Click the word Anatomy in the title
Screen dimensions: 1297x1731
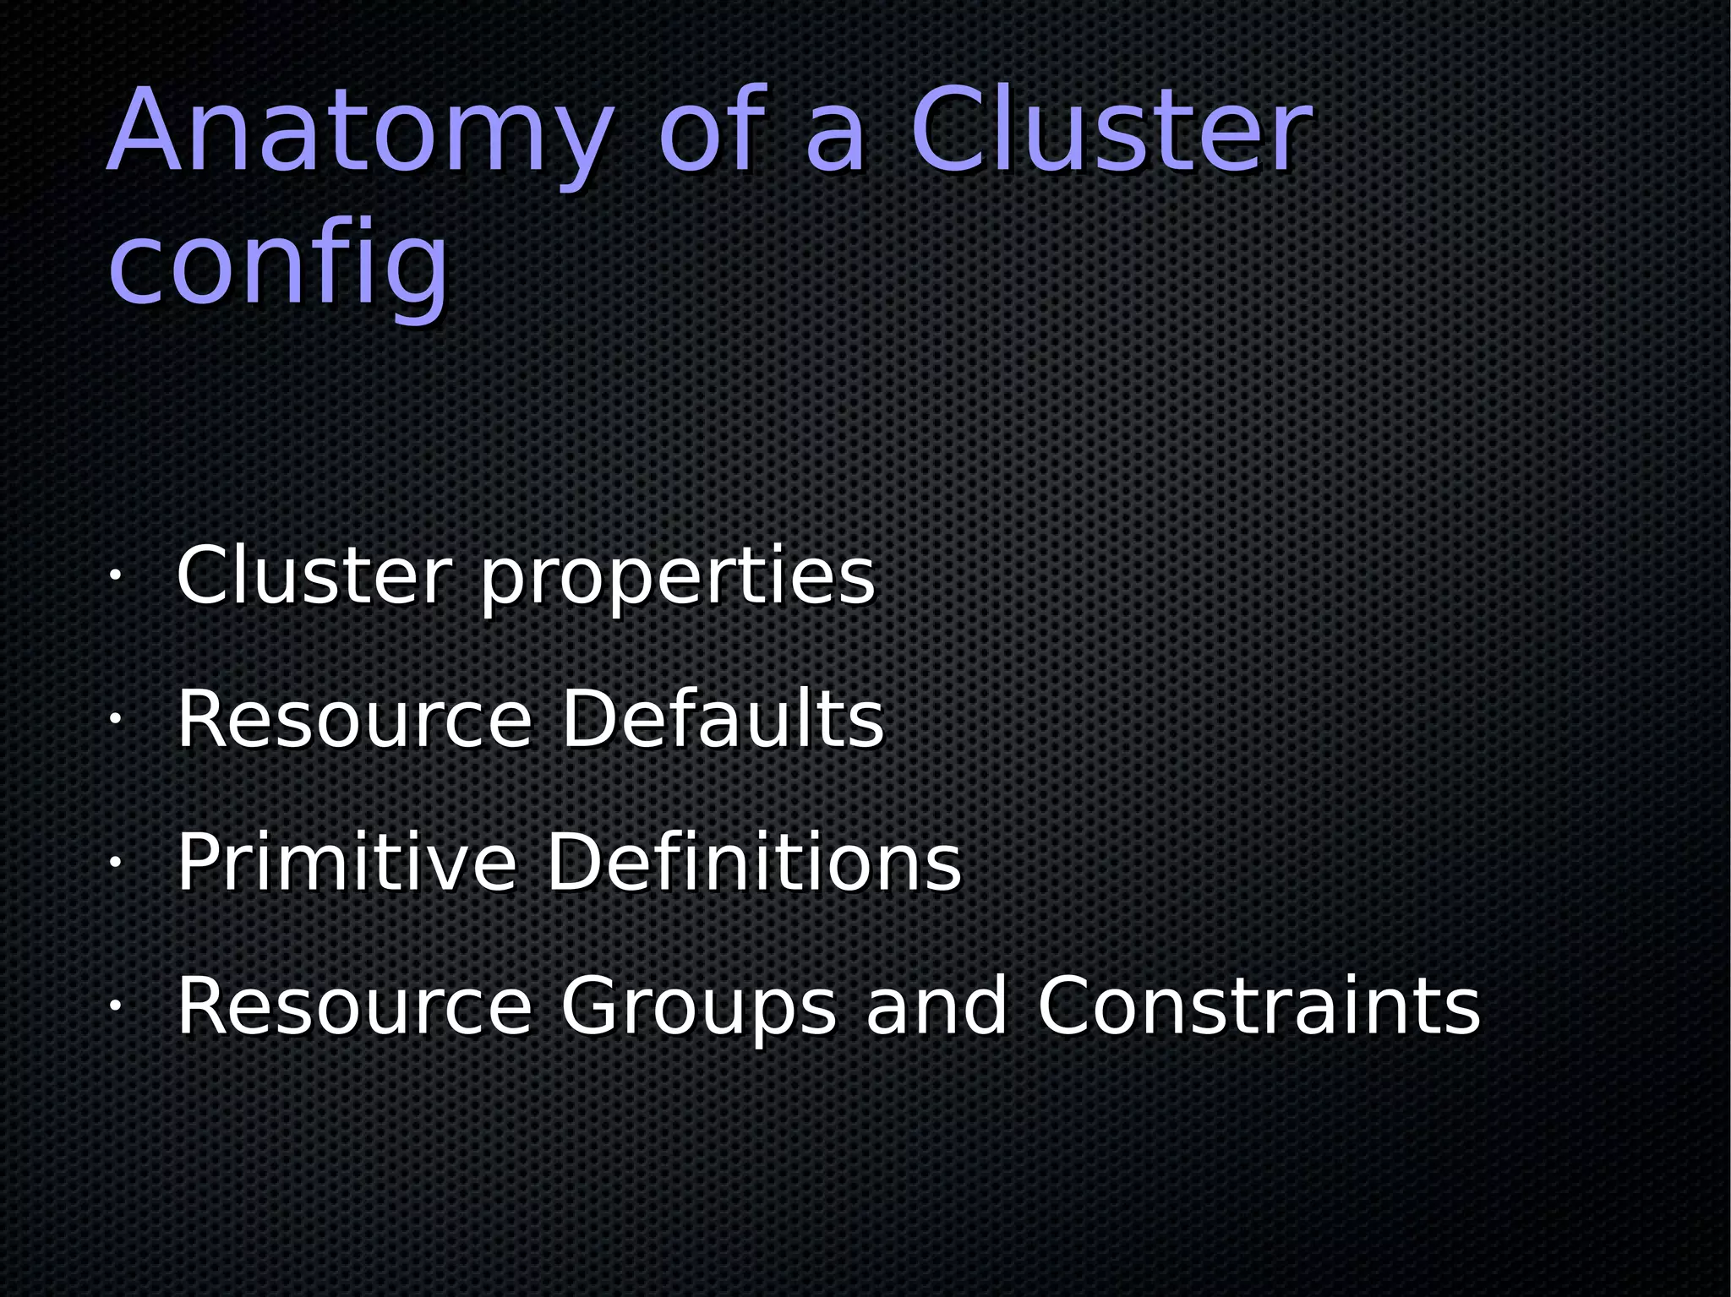pyautogui.click(x=359, y=135)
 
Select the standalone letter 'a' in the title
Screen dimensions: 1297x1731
pyautogui.click(x=835, y=139)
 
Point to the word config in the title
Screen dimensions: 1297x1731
pyautogui.click(x=279, y=266)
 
